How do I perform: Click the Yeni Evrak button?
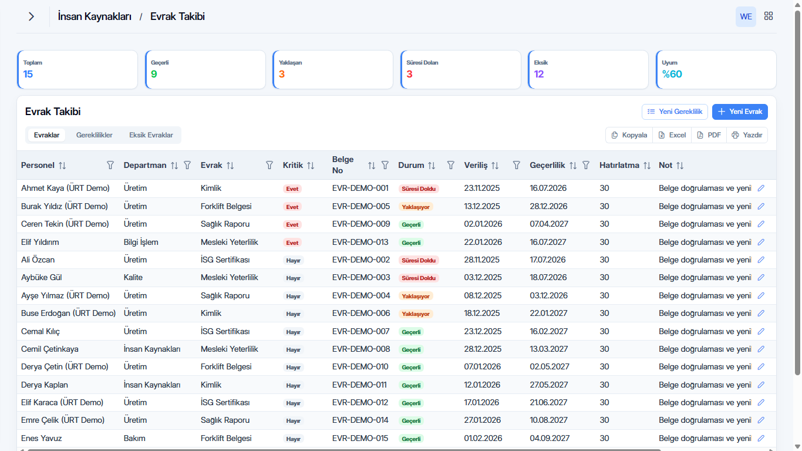pyautogui.click(x=740, y=112)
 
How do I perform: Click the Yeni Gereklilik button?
pyautogui.click(x=675, y=112)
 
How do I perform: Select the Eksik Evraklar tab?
pyautogui.click(x=151, y=135)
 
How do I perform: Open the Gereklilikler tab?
pyautogui.click(x=94, y=135)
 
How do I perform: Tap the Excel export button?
pyautogui.click(x=672, y=135)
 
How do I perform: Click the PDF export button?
pyautogui.click(x=709, y=135)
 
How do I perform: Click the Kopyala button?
pyautogui.click(x=629, y=135)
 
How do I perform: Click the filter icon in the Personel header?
pyautogui.click(x=110, y=165)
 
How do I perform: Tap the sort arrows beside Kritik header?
pyautogui.click(x=311, y=166)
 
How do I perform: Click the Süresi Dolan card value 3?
pyautogui.click(x=409, y=74)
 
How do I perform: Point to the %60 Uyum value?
pyautogui.click(x=672, y=74)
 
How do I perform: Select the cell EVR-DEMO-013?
pyautogui.click(x=360, y=242)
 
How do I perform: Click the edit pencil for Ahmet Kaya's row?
pyautogui.click(x=761, y=189)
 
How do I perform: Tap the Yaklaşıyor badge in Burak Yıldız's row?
pyautogui.click(x=416, y=207)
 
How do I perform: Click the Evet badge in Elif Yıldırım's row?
pyautogui.click(x=292, y=243)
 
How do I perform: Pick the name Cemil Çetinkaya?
pyautogui.click(x=50, y=349)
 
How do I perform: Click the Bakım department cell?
pyautogui.click(x=134, y=438)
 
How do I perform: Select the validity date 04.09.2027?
pyautogui.click(x=549, y=438)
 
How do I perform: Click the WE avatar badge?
pyautogui.click(x=746, y=16)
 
